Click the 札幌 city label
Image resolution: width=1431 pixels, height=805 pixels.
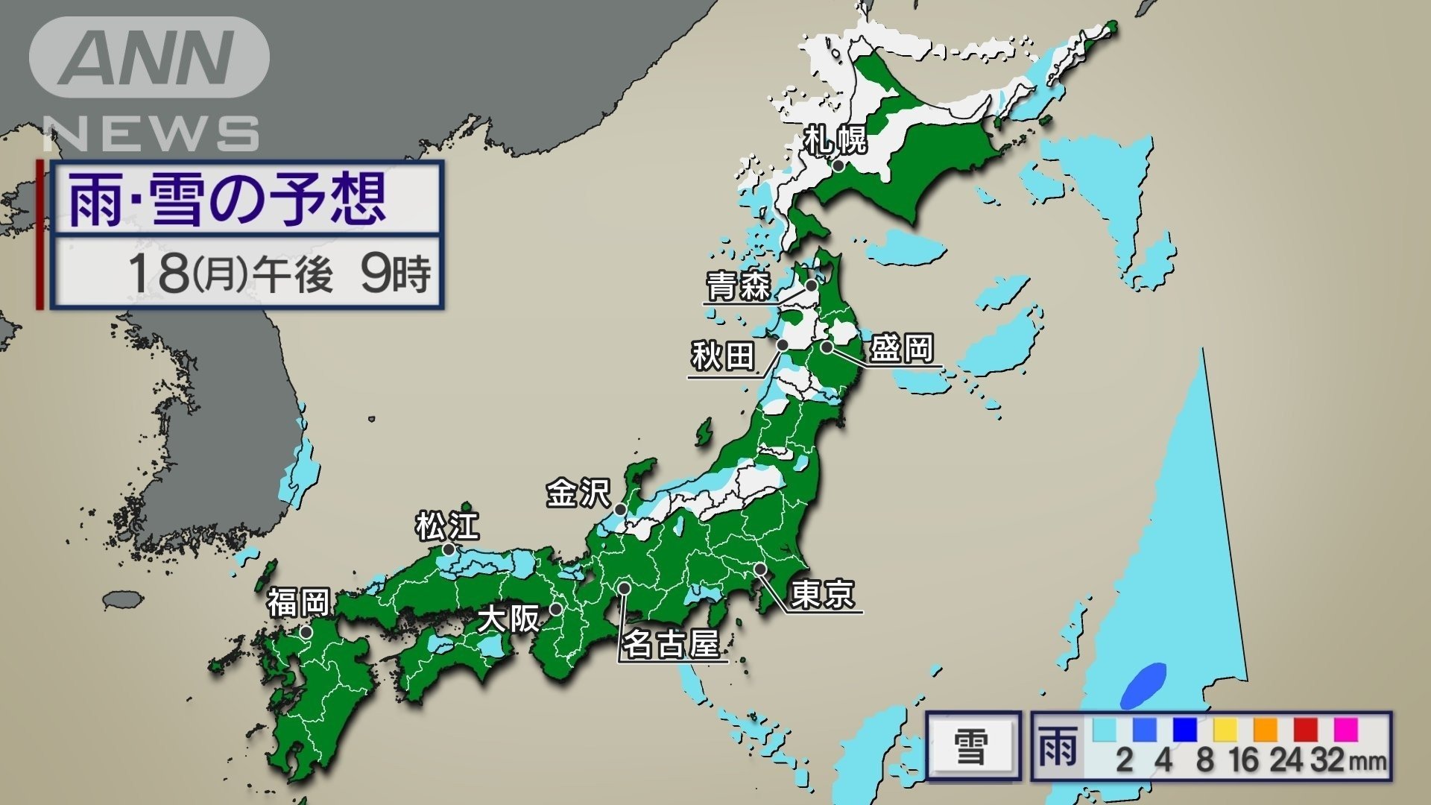point(835,139)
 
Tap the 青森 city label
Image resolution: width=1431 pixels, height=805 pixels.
point(738,285)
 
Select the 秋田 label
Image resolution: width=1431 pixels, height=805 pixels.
point(722,356)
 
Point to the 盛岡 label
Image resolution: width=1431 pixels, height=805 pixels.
point(902,348)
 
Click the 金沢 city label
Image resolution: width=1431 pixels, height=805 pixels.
point(578,493)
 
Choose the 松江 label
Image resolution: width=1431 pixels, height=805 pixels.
point(447,526)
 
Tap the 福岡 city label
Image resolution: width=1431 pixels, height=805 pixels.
point(298,602)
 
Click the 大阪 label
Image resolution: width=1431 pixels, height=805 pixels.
point(508,618)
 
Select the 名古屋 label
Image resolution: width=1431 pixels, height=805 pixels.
point(671,643)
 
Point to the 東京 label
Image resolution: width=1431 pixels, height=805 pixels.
point(822,594)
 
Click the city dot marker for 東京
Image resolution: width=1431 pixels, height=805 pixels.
point(759,569)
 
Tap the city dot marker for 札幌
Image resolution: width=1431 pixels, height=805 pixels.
point(838,165)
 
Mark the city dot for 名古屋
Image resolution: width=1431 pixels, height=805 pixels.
point(625,588)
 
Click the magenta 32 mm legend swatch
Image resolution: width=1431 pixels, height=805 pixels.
point(1345,729)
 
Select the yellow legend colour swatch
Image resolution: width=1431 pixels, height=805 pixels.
point(1225,729)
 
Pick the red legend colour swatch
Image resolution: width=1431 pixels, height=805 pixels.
point(1305,729)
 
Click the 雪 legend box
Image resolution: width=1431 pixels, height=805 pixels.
point(973,746)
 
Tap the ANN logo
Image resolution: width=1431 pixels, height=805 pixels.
point(149,57)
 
